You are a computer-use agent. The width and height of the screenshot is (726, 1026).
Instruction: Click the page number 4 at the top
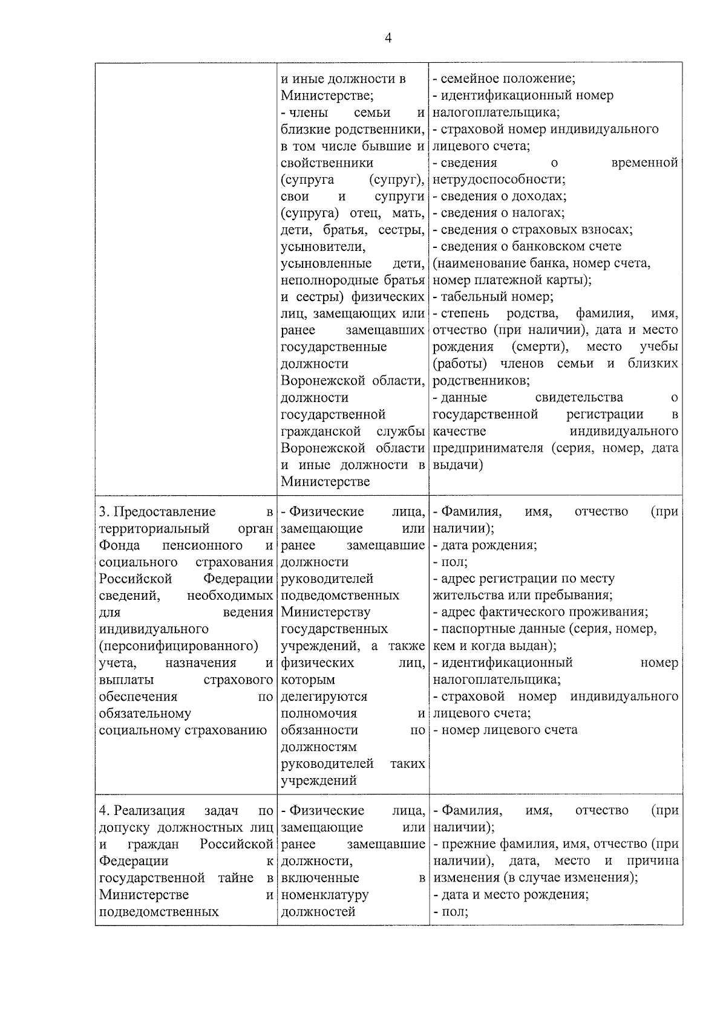click(388, 38)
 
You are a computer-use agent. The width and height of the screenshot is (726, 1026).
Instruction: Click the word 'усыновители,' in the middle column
click(322, 247)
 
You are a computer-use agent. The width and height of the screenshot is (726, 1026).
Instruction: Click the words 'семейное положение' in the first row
click(507, 79)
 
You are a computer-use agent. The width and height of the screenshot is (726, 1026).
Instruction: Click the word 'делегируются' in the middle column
click(324, 696)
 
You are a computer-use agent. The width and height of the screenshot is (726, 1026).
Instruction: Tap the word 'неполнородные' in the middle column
click(325, 281)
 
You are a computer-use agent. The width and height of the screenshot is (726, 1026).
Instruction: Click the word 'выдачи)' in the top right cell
click(458, 466)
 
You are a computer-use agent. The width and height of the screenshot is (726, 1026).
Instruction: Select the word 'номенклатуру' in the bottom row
click(325, 895)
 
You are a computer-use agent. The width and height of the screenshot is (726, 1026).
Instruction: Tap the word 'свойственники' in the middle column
click(327, 163)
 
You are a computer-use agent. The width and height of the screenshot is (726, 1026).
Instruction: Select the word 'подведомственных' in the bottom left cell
click(159, 912)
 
